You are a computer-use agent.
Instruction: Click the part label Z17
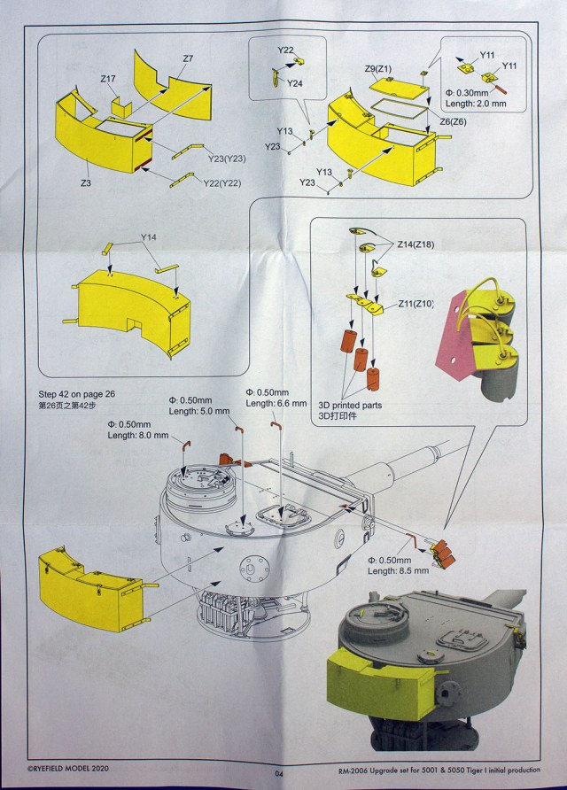108,79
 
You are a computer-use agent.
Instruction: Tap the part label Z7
188,59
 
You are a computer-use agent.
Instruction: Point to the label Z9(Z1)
379,68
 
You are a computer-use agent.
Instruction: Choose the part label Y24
295,82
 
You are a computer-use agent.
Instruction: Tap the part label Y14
149,239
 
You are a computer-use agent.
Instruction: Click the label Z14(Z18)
416,244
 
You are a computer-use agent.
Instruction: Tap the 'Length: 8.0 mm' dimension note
136,435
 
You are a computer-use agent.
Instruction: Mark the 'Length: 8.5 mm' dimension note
400,572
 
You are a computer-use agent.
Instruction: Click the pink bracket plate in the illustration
451,332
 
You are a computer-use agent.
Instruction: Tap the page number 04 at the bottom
280,773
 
